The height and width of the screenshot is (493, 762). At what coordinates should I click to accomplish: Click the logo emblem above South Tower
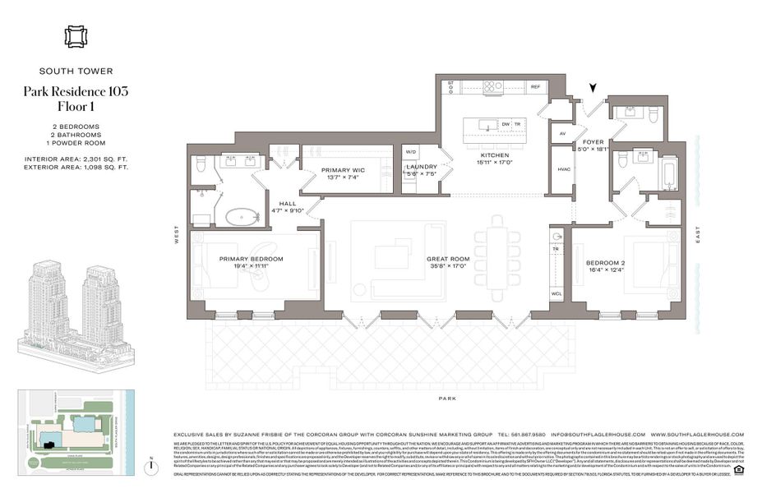point(76,37)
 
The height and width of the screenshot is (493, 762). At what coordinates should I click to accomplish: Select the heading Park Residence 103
point(76,91)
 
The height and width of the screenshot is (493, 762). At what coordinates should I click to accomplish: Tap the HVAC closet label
point(564,169)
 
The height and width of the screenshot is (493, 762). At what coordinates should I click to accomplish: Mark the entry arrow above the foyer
point(594,92)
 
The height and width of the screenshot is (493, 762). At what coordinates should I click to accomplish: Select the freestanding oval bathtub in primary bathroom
point(240,219)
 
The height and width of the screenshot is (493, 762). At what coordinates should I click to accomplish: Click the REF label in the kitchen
point(535,86)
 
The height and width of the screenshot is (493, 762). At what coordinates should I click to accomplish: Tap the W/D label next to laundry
point(410,152)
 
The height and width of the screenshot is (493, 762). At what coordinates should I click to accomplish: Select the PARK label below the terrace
point(446,398)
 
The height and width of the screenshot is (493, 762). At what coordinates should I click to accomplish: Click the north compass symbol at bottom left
point(151,466)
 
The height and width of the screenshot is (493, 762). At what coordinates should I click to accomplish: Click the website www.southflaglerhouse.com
point(696,435)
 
